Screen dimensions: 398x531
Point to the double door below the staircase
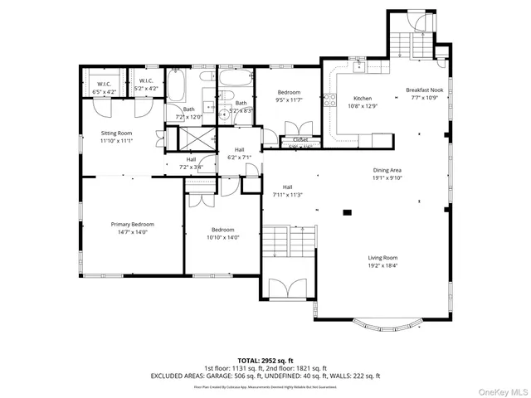tap(288, 289)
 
